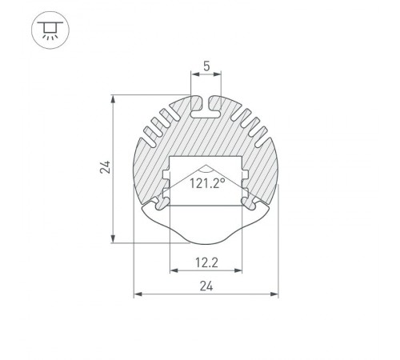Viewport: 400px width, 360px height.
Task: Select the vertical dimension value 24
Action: pos(104,166)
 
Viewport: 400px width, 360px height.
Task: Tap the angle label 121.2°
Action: pos(206,183)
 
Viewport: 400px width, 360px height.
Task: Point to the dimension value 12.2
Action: pos(206,261)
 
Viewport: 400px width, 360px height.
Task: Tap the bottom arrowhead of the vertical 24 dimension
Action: pos(114,238)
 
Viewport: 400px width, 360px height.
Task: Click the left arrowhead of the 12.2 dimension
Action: pos(172,270)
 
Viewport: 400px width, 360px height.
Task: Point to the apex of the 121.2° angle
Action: pos(206,169)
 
